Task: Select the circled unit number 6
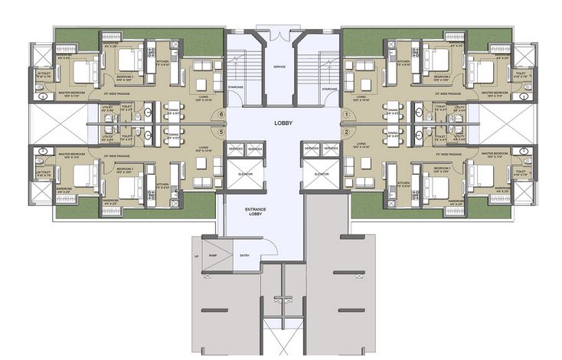tap(221, 115)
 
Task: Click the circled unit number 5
tap(221, 132)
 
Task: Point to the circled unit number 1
tap(346, 115)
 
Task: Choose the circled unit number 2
tap(346, 132)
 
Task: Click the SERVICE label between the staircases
tap(280, 67)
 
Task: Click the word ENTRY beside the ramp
tap(244, 255)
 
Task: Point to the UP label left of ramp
tap(197, 257)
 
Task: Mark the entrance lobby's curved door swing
tap(268, 247)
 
